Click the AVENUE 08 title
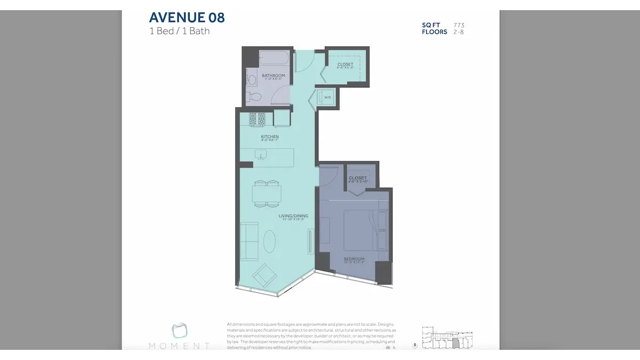(187, 18)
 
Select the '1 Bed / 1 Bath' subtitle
(179, 31)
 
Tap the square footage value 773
(459, 25)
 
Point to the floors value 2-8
(459, 32)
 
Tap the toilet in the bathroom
(255, 97)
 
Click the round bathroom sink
(252, 81)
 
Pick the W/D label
(327, 98)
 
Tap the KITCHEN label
(269, 137)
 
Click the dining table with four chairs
(266, 194)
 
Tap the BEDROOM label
(354, 259)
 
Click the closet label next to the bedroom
(357, 178)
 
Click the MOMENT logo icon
(179, 331)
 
